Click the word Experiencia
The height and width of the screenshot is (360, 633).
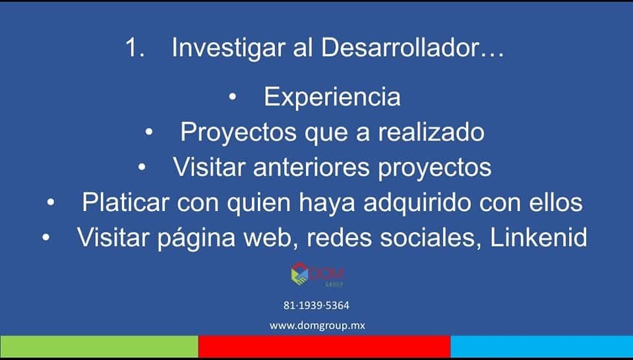[x=332, y=97]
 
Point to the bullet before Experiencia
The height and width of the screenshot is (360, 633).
[x=232, y=98]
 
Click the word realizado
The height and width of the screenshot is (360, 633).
[x=431, y=132]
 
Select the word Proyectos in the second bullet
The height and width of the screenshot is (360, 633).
[x=238, y=133]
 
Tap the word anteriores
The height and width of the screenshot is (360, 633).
[x=311, y=167]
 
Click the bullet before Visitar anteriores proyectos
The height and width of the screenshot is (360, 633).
[x=142, y=167]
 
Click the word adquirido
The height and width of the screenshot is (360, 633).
[x=417, y=203]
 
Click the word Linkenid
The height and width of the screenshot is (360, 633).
[x=539, y=237]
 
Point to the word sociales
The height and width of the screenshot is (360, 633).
[x=431, y=238]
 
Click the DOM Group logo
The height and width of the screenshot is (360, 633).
[x=317, y=274]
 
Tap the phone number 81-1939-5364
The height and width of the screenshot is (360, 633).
[x=316, y=305]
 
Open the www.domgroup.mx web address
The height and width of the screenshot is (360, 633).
[x=317, y=326]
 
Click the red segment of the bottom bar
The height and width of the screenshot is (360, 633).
[x=324, y=346]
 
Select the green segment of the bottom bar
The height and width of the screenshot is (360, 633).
[x=99, y=346]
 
